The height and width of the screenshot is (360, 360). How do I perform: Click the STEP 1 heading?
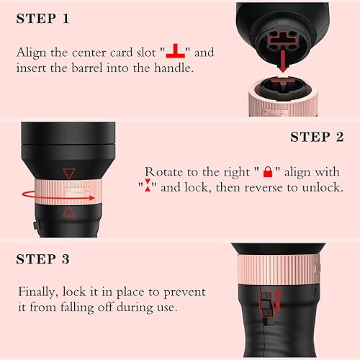pos(42,18)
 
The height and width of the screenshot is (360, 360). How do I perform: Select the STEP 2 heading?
pos(319,137)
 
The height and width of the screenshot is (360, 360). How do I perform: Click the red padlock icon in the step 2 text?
pos(268,172)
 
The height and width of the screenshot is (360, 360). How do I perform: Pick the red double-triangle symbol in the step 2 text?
pos(147,188)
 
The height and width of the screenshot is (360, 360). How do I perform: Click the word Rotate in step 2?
pos(165,173)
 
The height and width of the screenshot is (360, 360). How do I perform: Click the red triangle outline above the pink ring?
pos(68,173)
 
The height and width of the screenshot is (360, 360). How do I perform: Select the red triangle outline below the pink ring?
pos(68,212)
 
